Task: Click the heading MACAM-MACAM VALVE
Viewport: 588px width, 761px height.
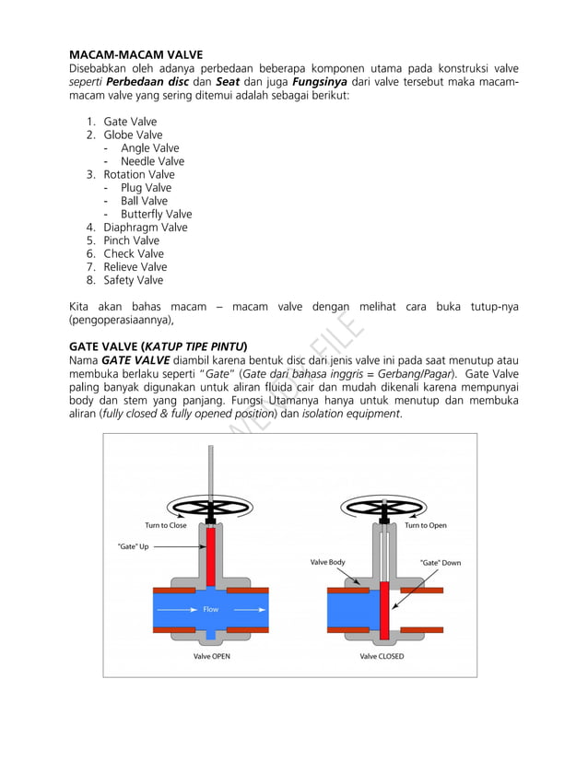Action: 136,54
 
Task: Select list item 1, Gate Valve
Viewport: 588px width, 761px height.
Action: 130,122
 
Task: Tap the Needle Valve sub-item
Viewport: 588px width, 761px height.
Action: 152,161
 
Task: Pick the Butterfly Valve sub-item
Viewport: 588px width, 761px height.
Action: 156,214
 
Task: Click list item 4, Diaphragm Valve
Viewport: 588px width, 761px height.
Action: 145,228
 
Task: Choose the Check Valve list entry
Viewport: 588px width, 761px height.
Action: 133,253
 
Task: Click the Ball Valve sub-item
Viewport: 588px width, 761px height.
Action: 144,201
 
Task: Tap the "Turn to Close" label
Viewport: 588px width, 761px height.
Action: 166,525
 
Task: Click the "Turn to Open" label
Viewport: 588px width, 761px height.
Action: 425,525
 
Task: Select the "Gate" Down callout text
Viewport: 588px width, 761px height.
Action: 440,562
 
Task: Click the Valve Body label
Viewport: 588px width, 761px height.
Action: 327,562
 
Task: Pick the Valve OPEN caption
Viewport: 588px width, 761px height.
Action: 212,656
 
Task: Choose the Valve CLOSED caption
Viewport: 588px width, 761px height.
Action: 382,656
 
